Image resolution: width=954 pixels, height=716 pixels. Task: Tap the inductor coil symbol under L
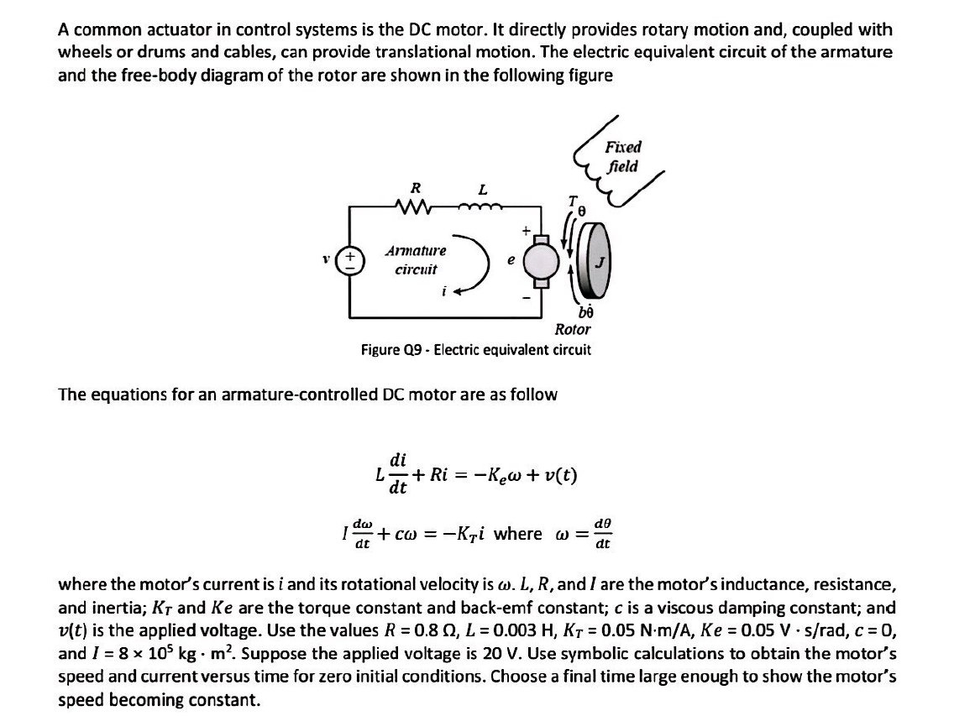pyautogui.click(x=482, y=205)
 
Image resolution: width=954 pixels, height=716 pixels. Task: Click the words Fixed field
pyautogui.click(x=622, y=157)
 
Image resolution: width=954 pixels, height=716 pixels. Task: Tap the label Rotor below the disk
pyautogui.click(x=573, y=329)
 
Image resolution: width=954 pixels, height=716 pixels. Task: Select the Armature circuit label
pyautogui.click(x=416, y=260)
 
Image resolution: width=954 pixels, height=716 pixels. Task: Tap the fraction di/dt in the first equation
pyautogui.click(x=400, y=473)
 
